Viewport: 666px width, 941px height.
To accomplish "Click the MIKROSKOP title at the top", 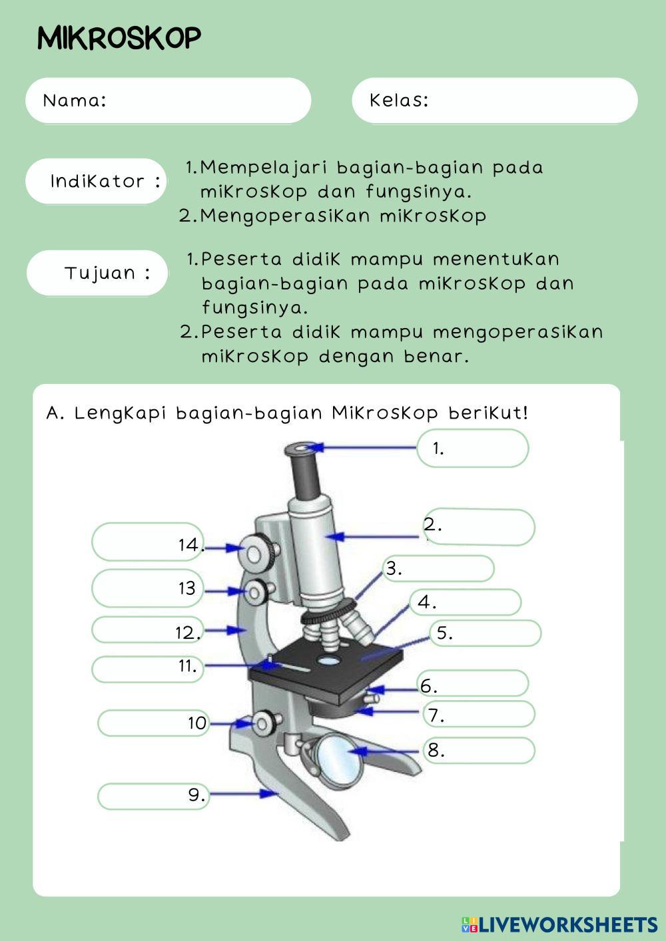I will [x=119, y=38].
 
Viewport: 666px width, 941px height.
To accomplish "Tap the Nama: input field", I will [x=168, y=100].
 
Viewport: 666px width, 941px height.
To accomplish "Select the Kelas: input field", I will [x=494, y=100].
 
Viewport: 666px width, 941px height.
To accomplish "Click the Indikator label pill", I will [x=96, y=181].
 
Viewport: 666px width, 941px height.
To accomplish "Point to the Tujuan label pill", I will [x=97, y=273].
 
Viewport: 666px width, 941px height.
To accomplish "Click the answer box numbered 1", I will [x=473, y=448].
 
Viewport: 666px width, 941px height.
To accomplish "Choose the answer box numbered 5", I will [x=486, y=633].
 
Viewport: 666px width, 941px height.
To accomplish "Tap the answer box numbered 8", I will [x=480, y=751].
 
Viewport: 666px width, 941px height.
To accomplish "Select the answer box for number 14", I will [x=147, y=542].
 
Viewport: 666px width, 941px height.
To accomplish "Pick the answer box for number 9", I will [x=153, y=796].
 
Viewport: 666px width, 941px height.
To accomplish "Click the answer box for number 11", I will [x=147, y=669].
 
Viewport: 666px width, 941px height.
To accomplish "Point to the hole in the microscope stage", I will [x=327, y=660].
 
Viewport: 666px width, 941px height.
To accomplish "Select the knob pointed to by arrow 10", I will [x=264, y=723].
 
